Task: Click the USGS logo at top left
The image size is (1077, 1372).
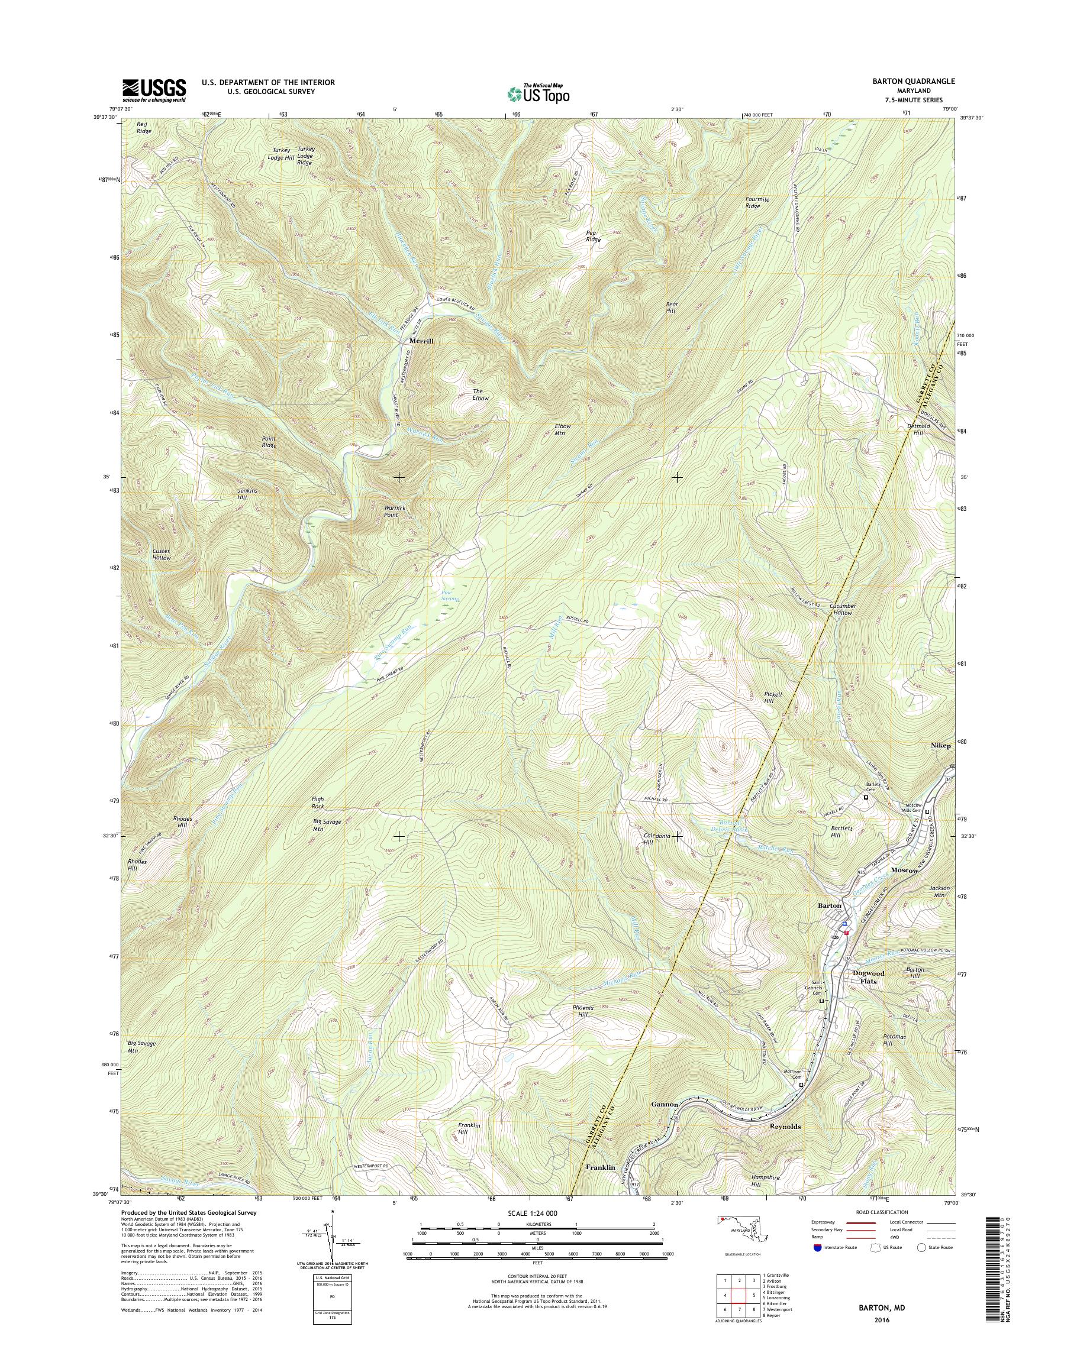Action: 154,90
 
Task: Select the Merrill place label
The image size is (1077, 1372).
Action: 422,340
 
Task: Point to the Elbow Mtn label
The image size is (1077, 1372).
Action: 562,429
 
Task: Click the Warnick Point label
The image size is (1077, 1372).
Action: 392,511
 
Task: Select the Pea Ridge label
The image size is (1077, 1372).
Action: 594,237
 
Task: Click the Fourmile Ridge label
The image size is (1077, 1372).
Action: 757,202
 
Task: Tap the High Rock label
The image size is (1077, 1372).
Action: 318,803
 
